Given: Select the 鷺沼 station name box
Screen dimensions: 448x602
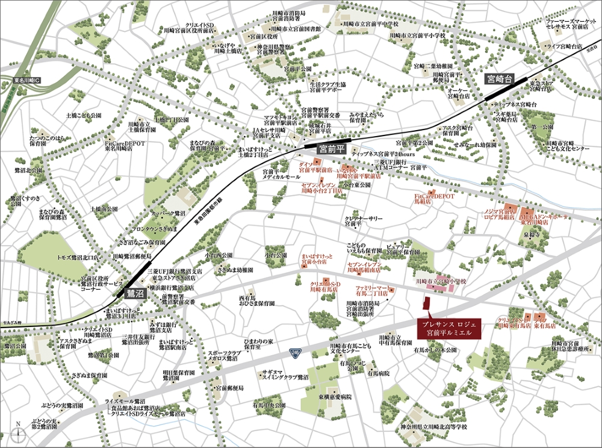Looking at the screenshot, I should pyautogui.click(x=135, y=294).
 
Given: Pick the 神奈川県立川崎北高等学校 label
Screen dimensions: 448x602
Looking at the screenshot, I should pyautogui.click(x=433, y=428).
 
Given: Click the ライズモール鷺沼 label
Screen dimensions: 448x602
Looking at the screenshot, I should pyautogui.click(x=125, y=400).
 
